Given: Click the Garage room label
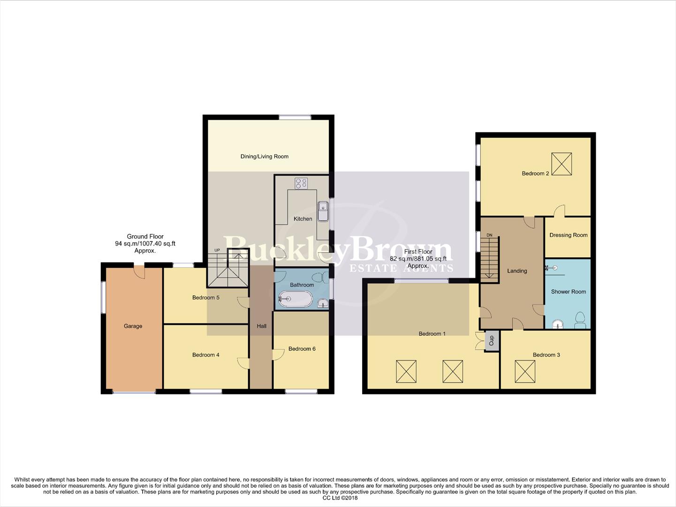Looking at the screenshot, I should tap(133, 326).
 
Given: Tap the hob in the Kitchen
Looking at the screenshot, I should tap(301, 183).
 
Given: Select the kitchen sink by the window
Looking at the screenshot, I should tap(323, 211).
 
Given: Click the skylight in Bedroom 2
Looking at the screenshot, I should tap(562, 164).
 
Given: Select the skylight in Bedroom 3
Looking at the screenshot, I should tap(524, 371).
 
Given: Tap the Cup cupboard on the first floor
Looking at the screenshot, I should tap(492, 340).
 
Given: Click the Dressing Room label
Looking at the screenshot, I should tap(568, 235).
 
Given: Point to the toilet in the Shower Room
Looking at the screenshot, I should tap(580, 320).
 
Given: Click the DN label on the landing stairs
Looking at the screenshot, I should tap(489, 235).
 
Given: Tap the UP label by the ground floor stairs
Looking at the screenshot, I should tap(217, 250).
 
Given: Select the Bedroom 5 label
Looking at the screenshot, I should tap(205, 298).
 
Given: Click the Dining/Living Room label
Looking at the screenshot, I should tap(264, 156).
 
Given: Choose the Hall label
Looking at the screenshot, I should tap(261, 326).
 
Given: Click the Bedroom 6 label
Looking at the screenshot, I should tap(302, 349).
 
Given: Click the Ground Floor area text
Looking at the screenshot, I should tap(145, 243).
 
